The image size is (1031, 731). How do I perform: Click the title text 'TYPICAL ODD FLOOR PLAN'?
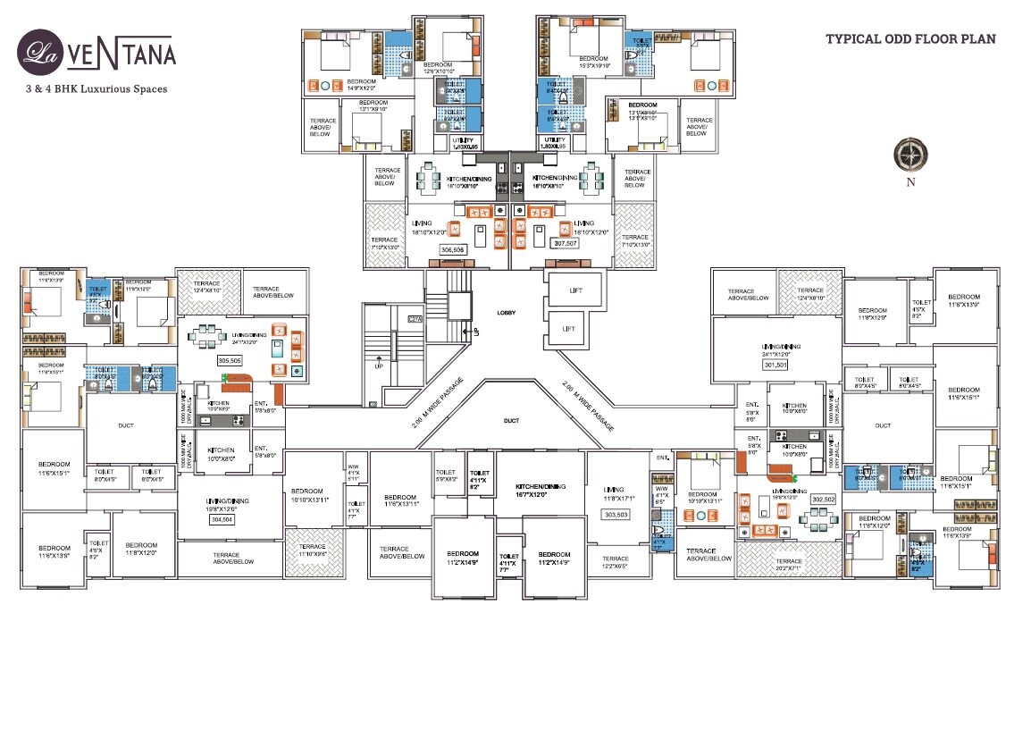click(x=909, y=39)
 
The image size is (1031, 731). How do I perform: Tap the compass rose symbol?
click(x=910, y=155)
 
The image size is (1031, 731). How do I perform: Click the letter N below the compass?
click(x=910, y=183)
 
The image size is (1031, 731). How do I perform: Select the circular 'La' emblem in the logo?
click(x=38, y=50)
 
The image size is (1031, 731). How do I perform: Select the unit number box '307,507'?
click(x=565, y=243)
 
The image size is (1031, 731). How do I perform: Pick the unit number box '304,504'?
click(x=220, y=518)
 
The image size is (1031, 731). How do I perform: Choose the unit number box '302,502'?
click(x=823, y=500)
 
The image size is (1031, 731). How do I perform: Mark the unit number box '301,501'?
click(x=775, y=365)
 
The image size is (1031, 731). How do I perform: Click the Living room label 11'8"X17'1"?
click(x=615, y=493)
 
